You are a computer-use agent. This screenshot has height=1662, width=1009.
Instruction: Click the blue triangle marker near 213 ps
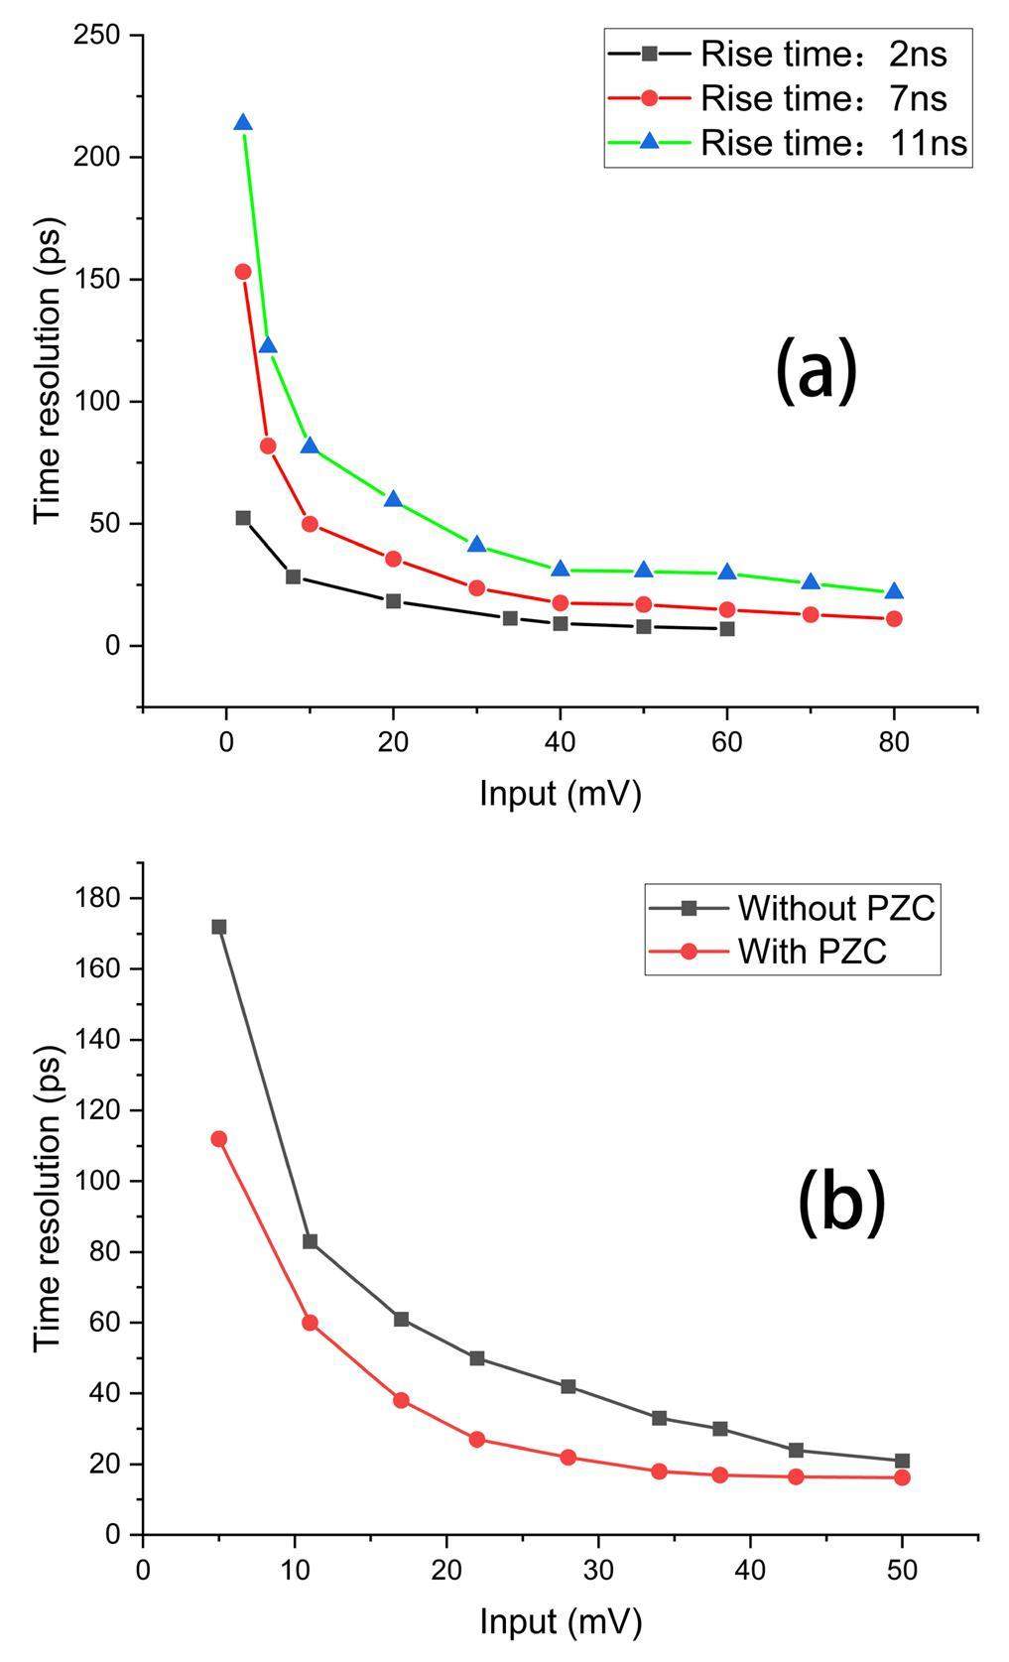tap(243, 123)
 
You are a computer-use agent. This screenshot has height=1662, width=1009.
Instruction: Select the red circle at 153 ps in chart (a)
tap(243, 272)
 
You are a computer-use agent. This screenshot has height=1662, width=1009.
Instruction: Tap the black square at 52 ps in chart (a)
tap(243, 518)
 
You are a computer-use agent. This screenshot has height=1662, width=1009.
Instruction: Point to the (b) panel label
tap(841, 1201)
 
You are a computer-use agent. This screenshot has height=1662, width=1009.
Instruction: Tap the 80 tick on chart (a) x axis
tap(894, 744)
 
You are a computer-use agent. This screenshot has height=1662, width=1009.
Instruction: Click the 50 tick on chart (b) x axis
tap(902, 1573)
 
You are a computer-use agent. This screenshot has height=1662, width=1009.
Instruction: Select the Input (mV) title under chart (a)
tap(561, 794)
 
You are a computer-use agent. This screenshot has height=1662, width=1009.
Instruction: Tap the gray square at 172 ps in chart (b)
tap(219, 927)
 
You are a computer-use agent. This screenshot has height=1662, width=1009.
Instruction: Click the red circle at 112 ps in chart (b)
tap(219, 1139)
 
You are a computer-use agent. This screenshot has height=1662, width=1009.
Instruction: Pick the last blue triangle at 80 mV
tap(894, 592)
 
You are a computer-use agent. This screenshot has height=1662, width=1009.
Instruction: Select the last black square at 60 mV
tap(727, 629)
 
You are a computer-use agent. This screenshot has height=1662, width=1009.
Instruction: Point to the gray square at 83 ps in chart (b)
tap(310, 1241)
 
